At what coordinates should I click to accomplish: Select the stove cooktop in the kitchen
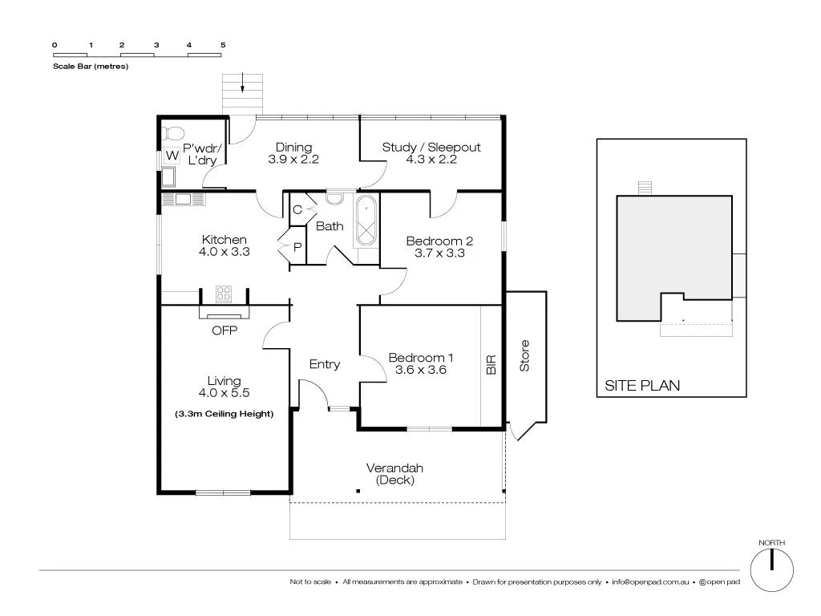click(x=224, y=294)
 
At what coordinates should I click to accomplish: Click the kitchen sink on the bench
click(x=183, y=199)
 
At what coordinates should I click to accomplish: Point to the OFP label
click(x=224, y=330)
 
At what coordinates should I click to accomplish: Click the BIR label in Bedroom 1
click(x=491, y=365)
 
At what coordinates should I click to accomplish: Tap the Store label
click(x=525, y=356)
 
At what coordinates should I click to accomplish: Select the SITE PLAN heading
click(x=641, y=386)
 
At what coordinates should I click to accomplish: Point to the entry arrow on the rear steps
click(x=243, y=83)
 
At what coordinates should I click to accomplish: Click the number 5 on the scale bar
click(x=223, y=45)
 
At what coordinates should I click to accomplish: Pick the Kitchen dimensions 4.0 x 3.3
click(x=224, y=251)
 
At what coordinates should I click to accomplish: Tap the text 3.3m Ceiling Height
click(x=224, y=414)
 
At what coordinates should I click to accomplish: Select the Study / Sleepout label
click(x=431, y=147)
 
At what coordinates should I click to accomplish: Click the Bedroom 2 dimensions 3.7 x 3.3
click(x=439, y=253)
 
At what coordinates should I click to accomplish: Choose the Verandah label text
click(x=394, y=468)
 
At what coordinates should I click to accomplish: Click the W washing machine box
click(x=172, y=156)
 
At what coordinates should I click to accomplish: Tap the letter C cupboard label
click(x=297, y=210)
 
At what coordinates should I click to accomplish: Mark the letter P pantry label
click(x=297, y=248)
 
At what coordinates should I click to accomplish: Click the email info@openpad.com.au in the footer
click(x=650, y=582)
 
